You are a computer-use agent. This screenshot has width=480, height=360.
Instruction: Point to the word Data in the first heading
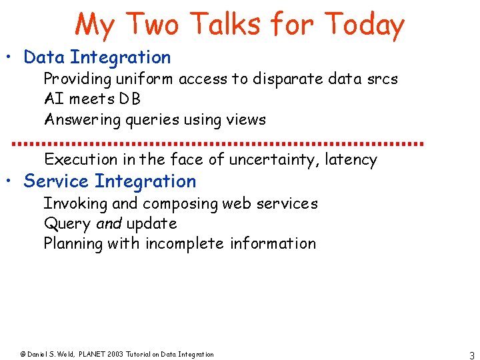44,58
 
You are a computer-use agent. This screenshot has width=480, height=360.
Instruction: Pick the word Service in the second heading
56,181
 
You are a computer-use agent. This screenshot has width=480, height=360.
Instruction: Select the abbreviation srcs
382,79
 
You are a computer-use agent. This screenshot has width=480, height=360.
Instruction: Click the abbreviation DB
130,99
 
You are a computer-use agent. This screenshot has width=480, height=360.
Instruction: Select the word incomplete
185,243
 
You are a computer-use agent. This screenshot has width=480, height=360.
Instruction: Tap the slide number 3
471,355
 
